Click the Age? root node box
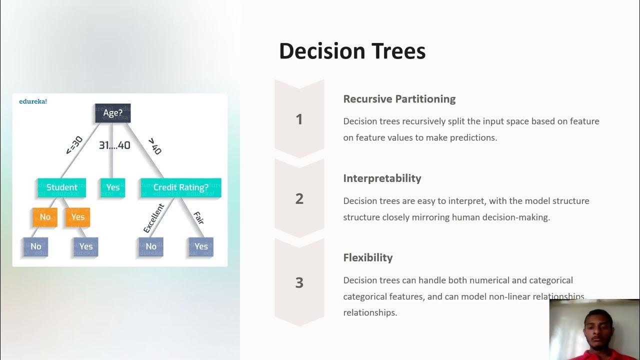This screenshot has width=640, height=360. (112, 113)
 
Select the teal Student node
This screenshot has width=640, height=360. (61, 187)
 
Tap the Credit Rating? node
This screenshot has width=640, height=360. (180, 187)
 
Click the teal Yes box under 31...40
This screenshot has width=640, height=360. (113, 187)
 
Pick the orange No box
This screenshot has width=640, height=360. (45, 217)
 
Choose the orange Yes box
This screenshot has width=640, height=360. (77, 217)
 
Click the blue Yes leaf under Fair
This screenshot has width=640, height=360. (201, 246)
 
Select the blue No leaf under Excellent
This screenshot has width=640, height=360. (151, 246)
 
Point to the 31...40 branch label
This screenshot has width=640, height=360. (114, 145)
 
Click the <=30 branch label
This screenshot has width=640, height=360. (74, 145)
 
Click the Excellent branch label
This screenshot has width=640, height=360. (153, 218)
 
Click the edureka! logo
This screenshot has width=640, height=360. (33, 101)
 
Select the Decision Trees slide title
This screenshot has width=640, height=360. (352, 51)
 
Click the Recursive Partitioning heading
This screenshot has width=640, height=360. (399, 99)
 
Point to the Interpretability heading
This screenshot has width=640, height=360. (382, 178)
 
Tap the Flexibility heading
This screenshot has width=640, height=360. (368, 258)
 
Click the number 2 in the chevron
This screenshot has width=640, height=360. (299, 198)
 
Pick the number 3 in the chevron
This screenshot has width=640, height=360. (299, 282)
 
